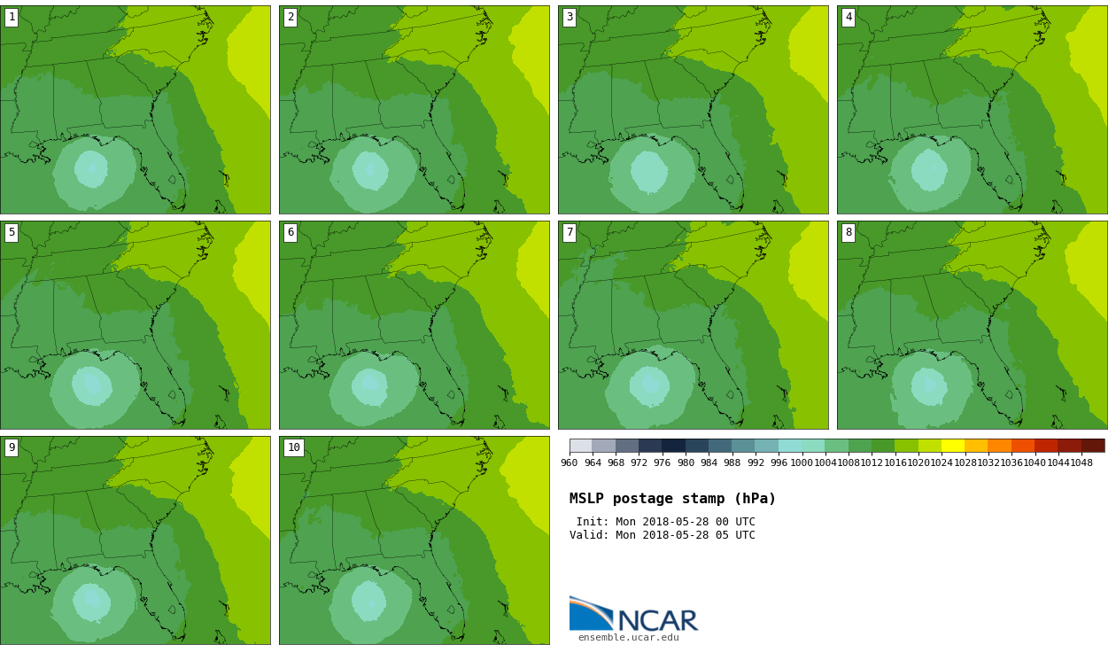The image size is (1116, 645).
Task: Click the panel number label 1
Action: pos(12,18)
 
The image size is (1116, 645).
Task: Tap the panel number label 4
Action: pos(849,18)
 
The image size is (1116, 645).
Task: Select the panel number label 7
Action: pos(570,233)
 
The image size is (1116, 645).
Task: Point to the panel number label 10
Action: pos(294,447)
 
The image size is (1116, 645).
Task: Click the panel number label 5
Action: pos(12,233)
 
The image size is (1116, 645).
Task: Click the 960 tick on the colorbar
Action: pos(569,463)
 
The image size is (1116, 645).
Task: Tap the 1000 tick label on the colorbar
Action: pos(802,463)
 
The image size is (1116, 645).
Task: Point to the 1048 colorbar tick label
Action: pos(1081,463)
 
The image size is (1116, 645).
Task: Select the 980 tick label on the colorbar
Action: pos(686,463)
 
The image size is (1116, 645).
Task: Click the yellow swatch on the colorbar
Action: pos(953,446)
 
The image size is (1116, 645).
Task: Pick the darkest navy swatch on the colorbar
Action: pos(673,446)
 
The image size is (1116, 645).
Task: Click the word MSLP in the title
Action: pos(586,499)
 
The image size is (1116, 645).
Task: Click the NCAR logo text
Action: pos(658,620)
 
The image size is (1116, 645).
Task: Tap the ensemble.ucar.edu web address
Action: pos(629,638)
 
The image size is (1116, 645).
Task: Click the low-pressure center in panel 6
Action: pos(369,383)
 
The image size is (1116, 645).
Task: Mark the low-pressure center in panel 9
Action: pos(92,596)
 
